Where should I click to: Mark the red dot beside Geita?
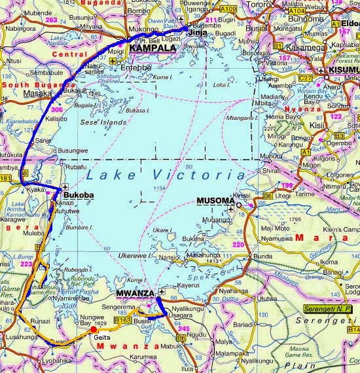point(93,329)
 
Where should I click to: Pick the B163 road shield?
point(122,321)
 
